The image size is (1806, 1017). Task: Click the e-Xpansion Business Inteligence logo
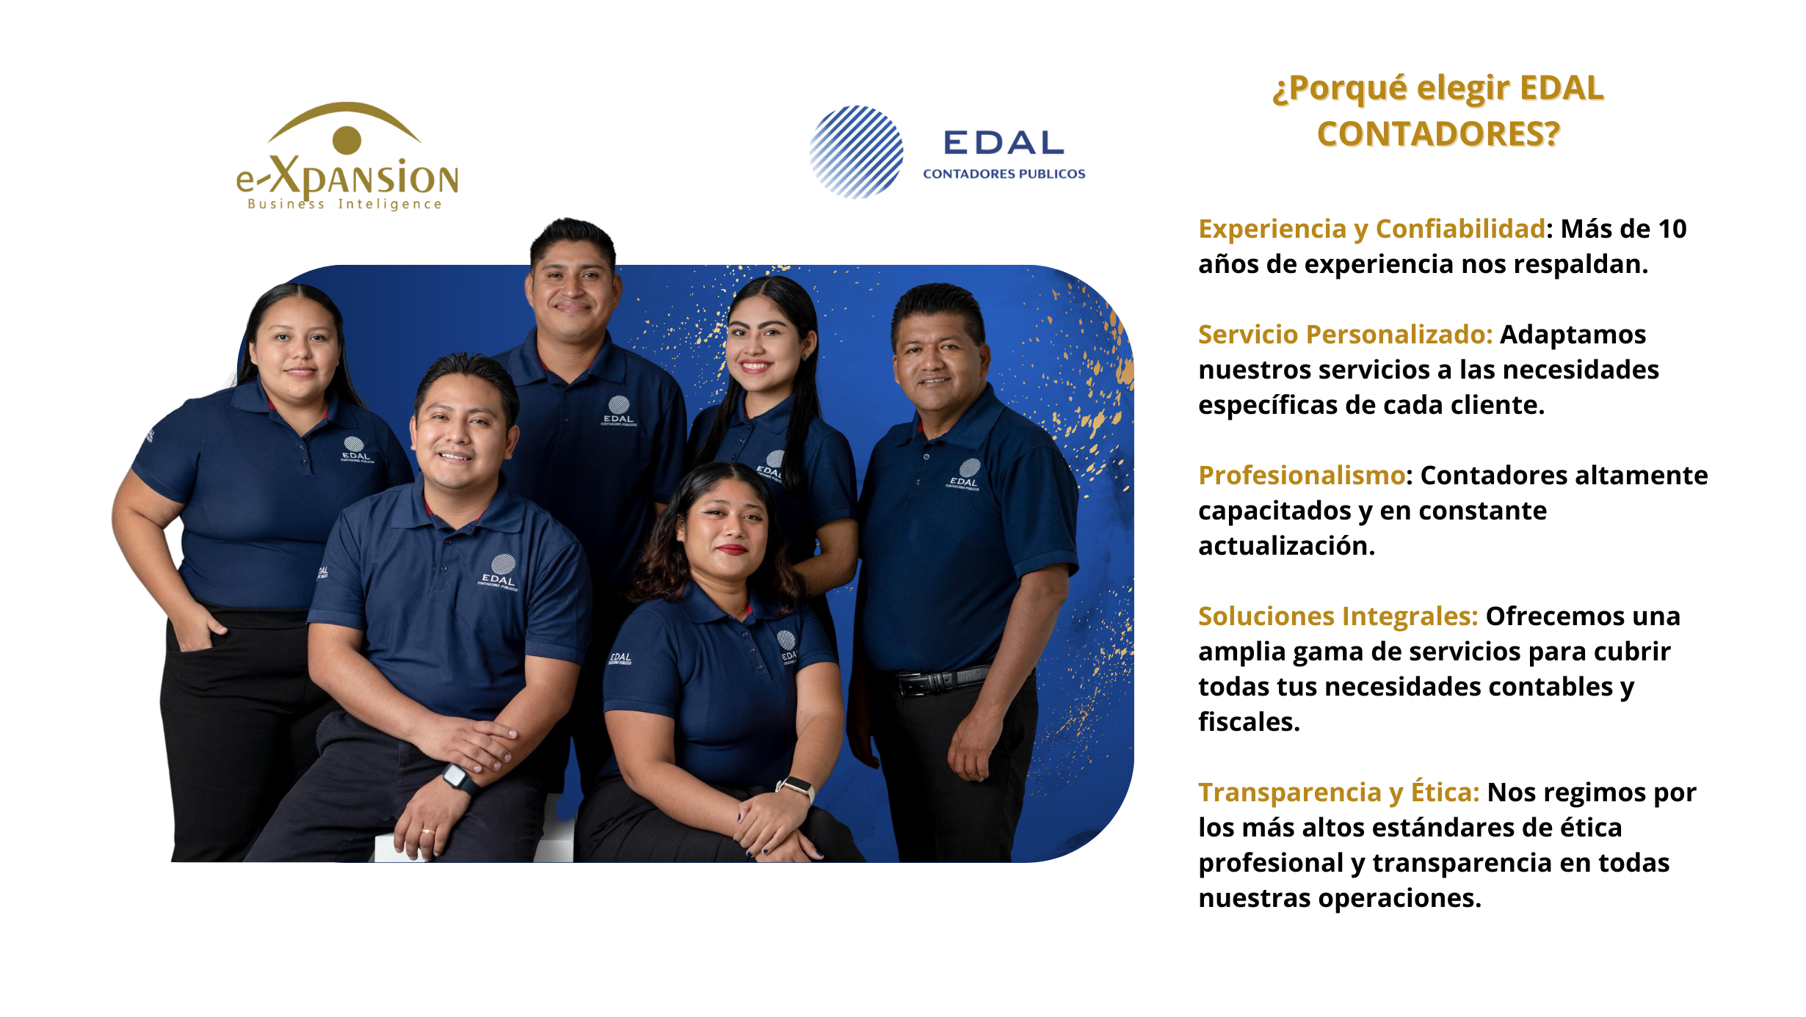[347, 156]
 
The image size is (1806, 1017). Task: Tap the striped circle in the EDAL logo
[856, 152]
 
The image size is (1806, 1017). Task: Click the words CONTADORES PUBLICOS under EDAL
[1004, 174]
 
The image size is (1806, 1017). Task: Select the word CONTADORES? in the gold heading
[1438, 134]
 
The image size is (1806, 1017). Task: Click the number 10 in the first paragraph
[1672, 229]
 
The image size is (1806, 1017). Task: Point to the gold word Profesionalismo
[1302, 475]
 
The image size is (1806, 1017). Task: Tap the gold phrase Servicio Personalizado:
[1345, 335]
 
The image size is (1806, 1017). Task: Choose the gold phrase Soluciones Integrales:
[1338, 616]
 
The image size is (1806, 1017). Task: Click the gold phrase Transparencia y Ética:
[1338, 792]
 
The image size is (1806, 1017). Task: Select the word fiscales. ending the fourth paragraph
[1249, 722]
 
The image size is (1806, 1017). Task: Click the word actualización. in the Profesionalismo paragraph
[1286, 546]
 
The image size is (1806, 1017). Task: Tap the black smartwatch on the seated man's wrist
[460, 778]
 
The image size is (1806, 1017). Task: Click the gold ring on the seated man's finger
[427, 831]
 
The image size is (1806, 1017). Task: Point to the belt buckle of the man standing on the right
[917, 684]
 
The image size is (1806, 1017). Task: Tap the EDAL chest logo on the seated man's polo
[500, 573]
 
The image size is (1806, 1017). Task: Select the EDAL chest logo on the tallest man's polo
[619, 411]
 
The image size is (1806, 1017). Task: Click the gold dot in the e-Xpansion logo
[347, 140]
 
